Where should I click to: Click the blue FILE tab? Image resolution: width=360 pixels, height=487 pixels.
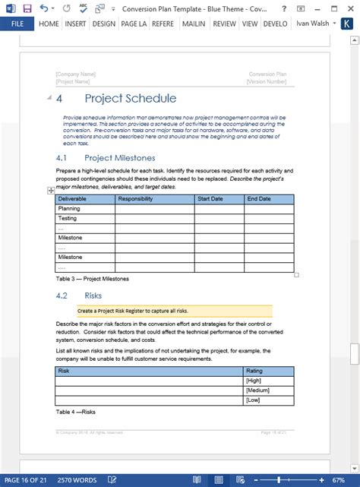coord(17,24)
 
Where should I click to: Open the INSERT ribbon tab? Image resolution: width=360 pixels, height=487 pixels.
coord(75,24)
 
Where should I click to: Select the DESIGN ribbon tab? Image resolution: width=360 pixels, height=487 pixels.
coord(103,24)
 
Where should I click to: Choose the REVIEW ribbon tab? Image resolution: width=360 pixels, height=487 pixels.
coord(224,24)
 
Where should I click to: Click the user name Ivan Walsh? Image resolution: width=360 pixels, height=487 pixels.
coord(313,24)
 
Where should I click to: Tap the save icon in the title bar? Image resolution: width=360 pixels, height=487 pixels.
coord(27,8)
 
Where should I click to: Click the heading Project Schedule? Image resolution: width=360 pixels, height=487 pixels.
coord(130,99)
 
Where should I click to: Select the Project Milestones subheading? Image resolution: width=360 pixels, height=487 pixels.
coord(119,158)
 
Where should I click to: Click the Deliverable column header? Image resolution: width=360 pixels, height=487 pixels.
coord(73,199)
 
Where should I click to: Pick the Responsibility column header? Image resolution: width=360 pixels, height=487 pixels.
coord(135,199)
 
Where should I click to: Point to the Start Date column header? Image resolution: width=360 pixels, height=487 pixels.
coord(210,199)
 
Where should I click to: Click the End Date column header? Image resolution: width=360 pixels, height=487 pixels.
coord(259,199)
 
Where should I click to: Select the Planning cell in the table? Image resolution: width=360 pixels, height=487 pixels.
coord(69,208)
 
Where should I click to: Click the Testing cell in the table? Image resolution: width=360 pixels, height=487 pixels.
coord(68,218)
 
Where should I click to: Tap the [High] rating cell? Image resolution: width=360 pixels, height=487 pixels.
coord(253,380)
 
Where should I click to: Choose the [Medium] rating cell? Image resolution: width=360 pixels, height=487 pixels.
coord(256,390)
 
